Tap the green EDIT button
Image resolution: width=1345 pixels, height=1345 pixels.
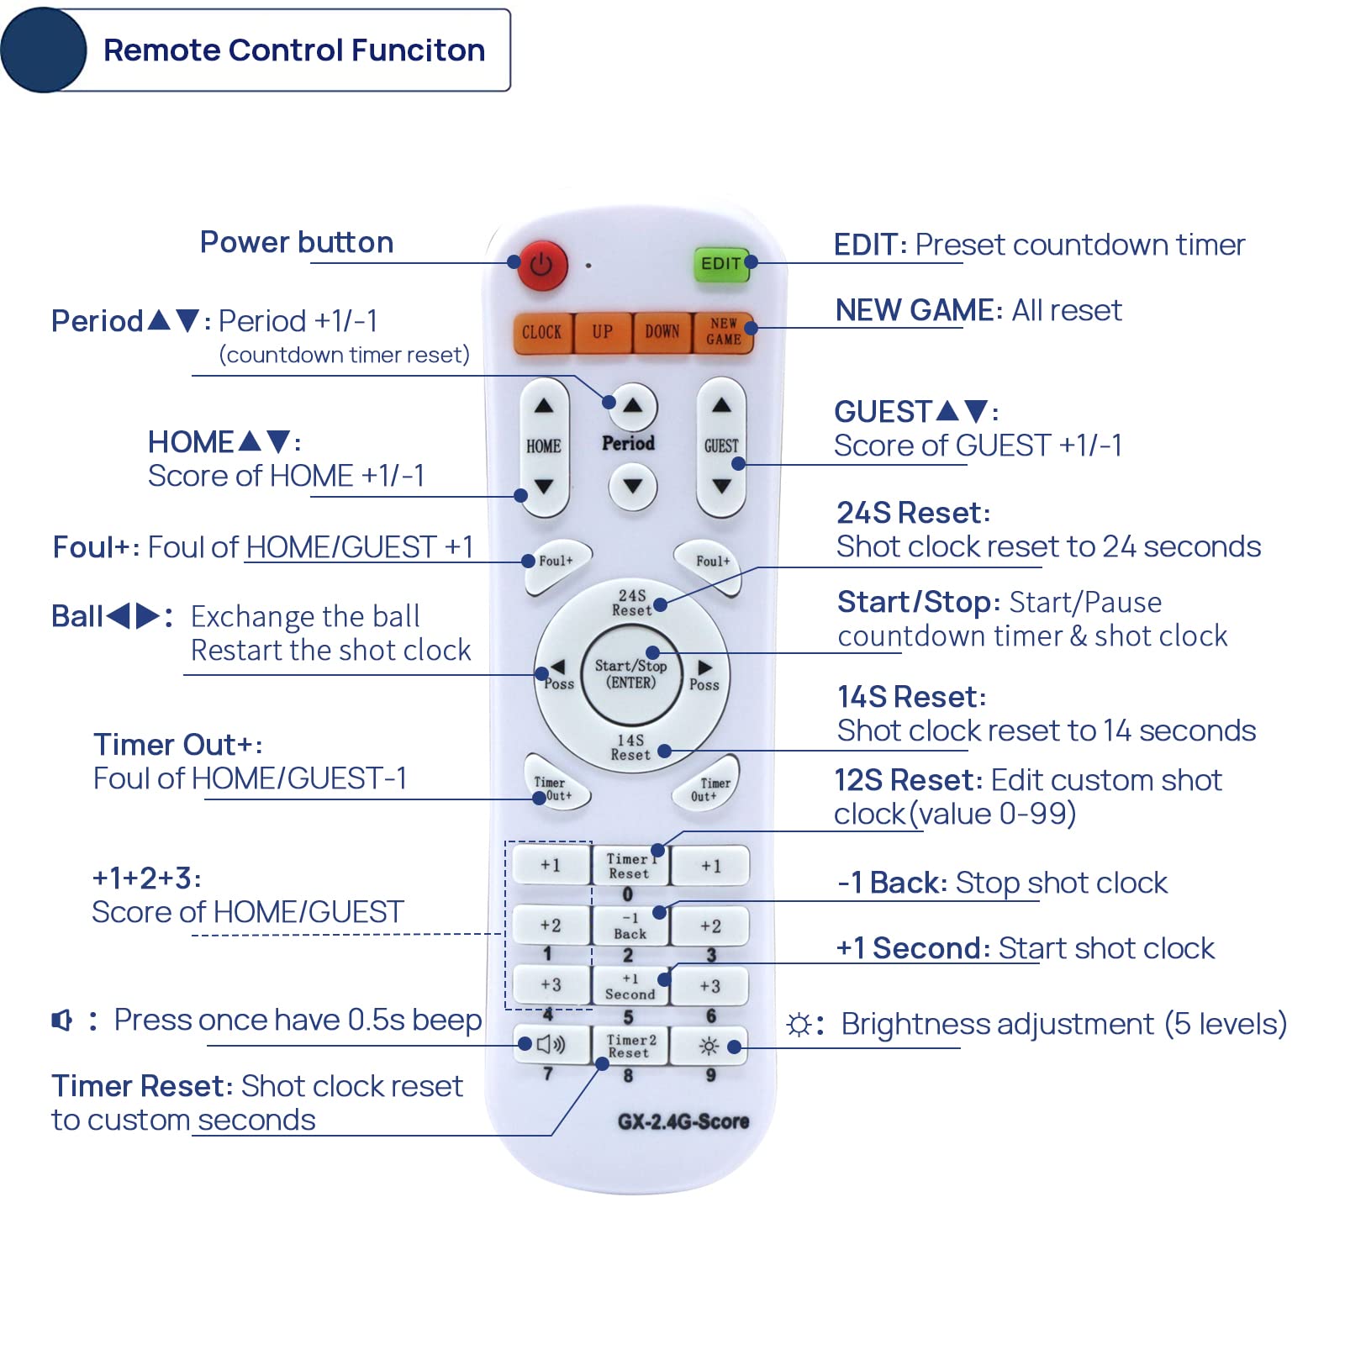point(720,264)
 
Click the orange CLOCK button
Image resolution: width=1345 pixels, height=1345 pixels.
point(542,332)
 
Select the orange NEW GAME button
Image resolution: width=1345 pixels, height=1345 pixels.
point(723,332)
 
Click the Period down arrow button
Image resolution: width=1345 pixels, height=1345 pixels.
point(632,487)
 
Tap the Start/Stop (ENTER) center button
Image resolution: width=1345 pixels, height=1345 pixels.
point(631,674)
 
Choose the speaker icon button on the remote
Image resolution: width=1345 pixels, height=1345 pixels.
point(551,1045)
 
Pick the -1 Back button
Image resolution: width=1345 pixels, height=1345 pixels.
point(630,926)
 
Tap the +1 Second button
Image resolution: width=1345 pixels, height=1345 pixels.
point(630,986)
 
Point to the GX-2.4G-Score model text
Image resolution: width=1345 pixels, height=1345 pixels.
point(683,1121)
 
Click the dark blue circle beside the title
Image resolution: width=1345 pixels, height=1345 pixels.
point(44,50)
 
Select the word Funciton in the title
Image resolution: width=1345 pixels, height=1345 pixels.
point(418,50)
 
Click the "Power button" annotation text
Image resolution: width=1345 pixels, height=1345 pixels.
point(296,242)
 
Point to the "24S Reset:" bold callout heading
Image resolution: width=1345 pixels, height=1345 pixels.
point(913,513)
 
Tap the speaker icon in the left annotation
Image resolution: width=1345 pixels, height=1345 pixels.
point(62,1021)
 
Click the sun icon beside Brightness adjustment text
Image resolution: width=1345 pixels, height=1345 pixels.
point(799,1025)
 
